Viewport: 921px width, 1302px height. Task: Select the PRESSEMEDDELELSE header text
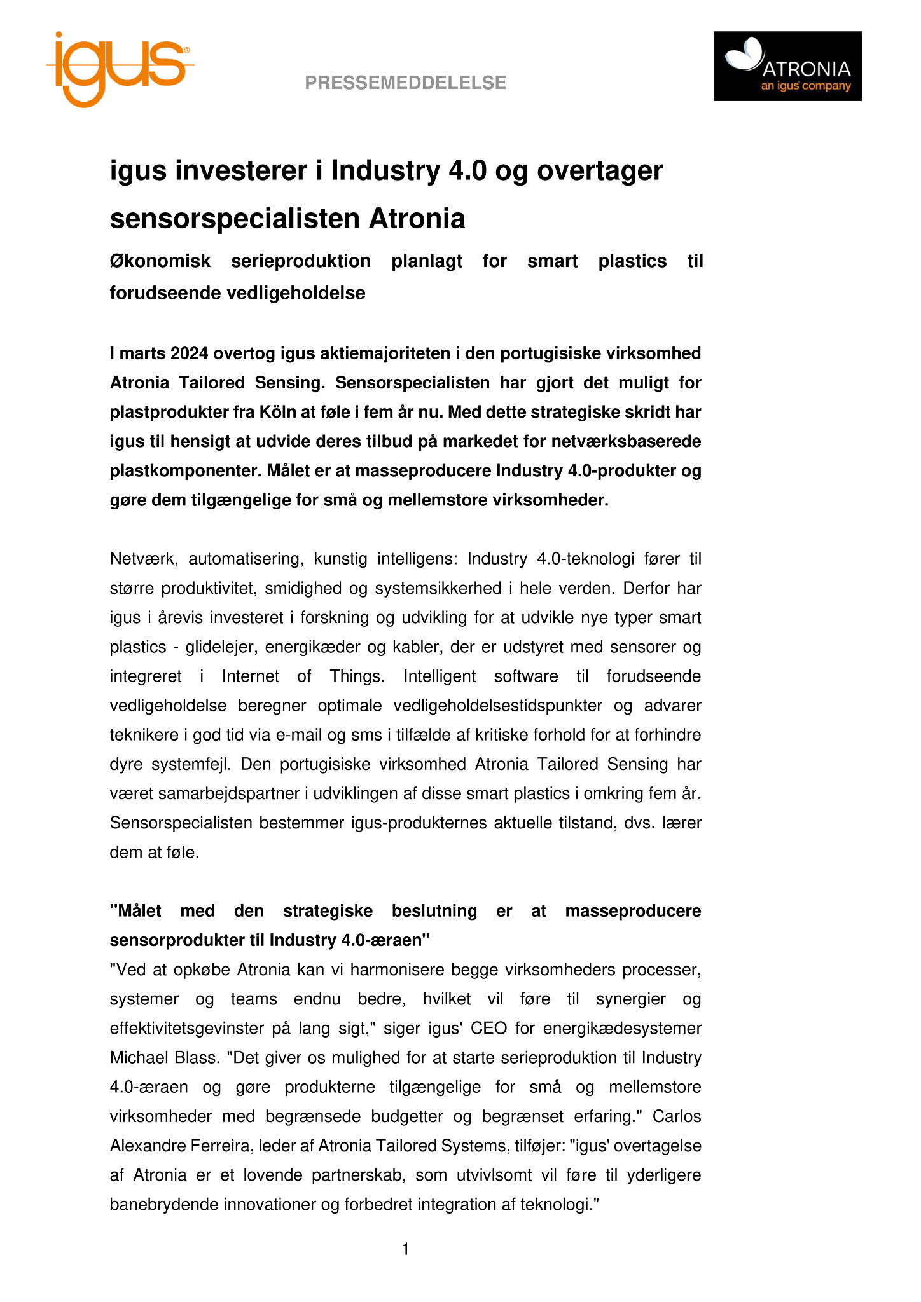coord(405,83)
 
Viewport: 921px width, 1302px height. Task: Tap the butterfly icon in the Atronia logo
coord(745,53)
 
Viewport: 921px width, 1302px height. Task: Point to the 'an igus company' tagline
coord(806,86)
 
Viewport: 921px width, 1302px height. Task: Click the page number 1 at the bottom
coord(406,1249)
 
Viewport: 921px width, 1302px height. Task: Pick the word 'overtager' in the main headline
coord(600,170)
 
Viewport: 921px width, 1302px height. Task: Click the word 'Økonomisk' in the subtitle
coord(160,261)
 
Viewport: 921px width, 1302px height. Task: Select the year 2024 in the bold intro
coord(190,353)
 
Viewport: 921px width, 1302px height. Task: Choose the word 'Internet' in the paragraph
coord(250,676)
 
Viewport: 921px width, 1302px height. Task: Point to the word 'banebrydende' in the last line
coord(163,1204)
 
